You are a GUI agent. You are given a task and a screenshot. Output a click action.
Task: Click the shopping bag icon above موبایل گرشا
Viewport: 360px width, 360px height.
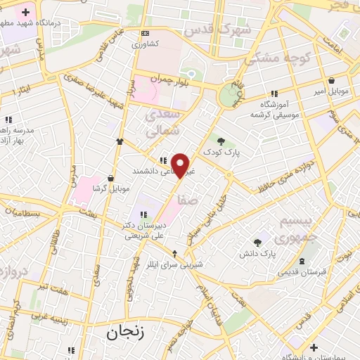[110, 178]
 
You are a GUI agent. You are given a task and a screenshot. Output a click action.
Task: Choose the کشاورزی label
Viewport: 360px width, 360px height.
[146, 44]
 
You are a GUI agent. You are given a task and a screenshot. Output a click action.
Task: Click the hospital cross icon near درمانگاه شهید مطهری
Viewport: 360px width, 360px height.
[26, 12]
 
